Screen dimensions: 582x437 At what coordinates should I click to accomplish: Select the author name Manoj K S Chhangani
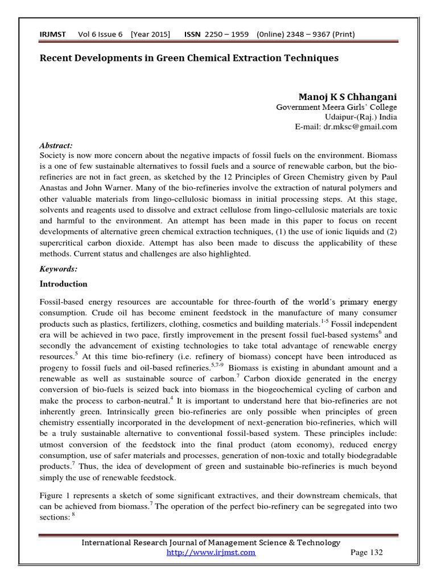[x=348, y=97]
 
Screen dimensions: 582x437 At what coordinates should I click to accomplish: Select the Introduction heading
[x=63, y=284]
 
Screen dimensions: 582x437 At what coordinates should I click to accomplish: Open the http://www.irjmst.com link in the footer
[x=211, y=552]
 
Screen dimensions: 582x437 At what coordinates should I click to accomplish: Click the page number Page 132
[x=366, y=552]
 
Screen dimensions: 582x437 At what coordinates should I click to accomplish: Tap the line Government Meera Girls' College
[x=336, y=107]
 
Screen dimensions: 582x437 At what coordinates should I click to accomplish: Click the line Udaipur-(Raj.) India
[x=361, y=117]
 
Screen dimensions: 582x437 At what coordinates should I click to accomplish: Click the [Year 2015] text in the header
[x=150, y=35]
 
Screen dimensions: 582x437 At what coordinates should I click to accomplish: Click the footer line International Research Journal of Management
[x=211, y=543]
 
